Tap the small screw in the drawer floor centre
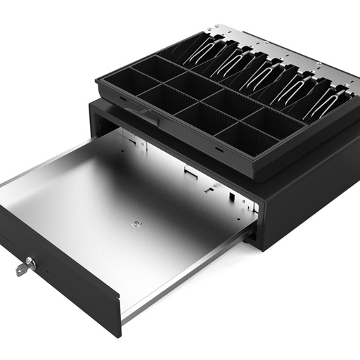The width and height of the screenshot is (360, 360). (x=135, y=225)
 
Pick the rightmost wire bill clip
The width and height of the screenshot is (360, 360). (x=323, y=102)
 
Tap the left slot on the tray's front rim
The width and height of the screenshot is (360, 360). (x=123, y=99)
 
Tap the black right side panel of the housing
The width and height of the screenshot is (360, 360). (x=309, y=197)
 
